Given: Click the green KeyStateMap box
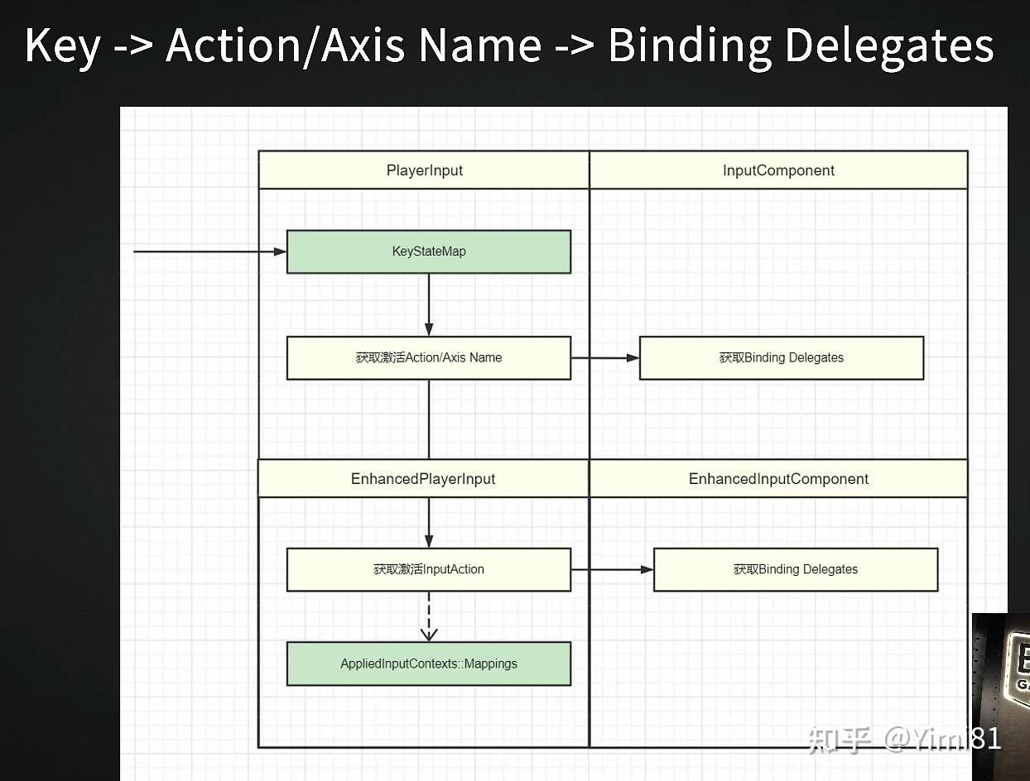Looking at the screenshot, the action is (429, 252).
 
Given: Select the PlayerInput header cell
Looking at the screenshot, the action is (424, 170).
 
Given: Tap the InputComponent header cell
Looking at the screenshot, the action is (778, 170).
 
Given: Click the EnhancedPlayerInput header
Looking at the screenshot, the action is (423, 479).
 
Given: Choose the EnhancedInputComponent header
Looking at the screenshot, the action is (778, 479).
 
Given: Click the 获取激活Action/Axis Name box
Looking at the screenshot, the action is (429, 357).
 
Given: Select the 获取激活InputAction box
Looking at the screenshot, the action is (429, 569).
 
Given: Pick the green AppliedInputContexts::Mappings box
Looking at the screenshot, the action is (429, 664).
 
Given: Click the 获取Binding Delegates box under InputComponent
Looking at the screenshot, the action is (782, 357).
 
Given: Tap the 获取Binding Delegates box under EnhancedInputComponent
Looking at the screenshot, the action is (796, 569).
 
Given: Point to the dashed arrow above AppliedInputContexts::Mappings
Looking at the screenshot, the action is (429, 616).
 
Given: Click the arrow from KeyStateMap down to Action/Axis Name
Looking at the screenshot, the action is (429, 304).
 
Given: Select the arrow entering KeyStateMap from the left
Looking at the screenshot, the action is (210, 252).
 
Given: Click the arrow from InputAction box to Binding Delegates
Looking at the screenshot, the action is (613, 569).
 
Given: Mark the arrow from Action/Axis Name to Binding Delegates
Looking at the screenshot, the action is (605, 357).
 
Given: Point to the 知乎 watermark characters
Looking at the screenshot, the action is (840, 740).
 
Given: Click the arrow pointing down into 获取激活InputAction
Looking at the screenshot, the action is (429, 523).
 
